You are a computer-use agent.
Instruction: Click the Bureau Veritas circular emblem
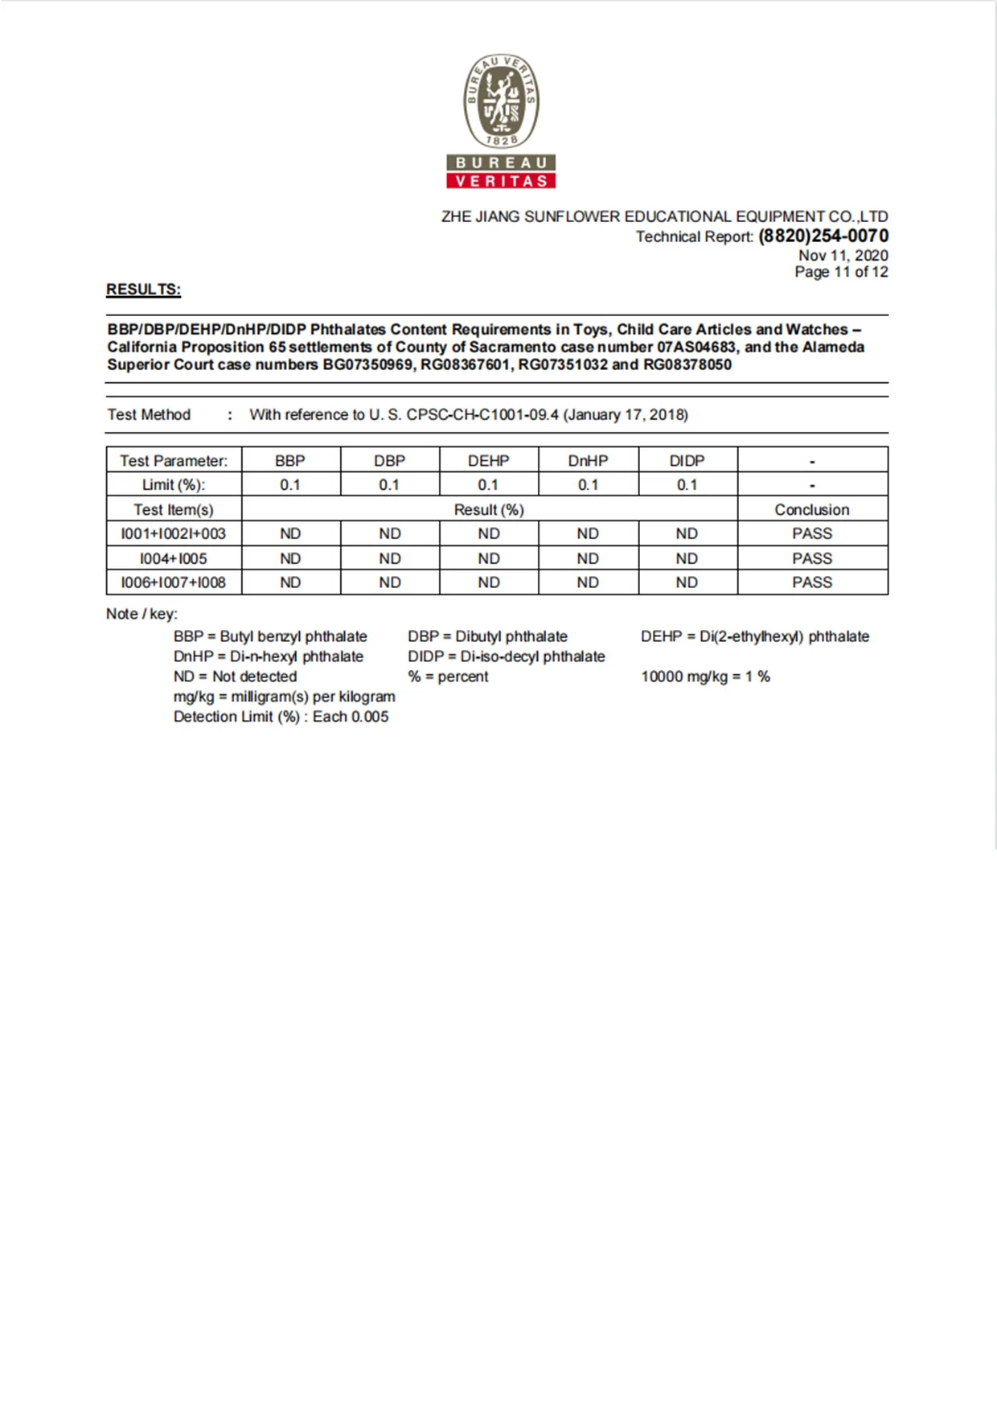point(501,101)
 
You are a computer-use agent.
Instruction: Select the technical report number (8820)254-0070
point(823,236)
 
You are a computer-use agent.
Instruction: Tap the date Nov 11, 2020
point(843,255)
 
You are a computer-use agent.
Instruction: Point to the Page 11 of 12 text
point(841,272)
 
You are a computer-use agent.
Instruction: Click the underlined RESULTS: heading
point(143,290)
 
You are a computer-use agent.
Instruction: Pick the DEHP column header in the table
point(488,461)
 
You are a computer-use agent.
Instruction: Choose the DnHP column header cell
point(588,461)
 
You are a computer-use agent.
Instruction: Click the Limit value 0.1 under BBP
point(290,485)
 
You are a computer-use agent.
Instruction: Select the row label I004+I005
point(173,558)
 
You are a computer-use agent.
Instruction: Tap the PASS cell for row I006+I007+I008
point(812,582)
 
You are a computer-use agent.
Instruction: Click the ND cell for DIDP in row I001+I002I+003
point(687,534)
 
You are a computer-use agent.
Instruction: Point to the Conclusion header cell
point(812,510)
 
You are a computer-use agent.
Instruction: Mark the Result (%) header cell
point(489,510)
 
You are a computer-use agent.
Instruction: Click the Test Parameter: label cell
point(174,461)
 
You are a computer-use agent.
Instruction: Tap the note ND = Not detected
point(235,677)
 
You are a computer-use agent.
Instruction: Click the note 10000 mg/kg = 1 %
point(705,677)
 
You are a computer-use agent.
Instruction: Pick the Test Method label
point(149,415)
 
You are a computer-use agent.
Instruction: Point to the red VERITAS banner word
point(501,181)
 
